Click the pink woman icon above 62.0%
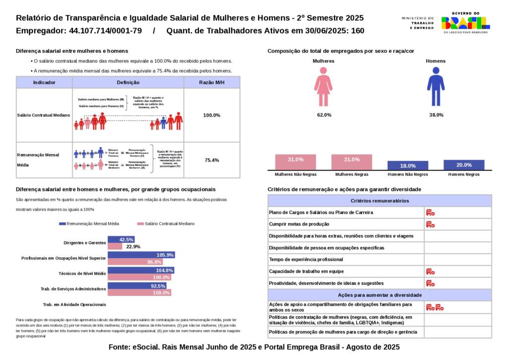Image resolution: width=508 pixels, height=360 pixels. [323, 87]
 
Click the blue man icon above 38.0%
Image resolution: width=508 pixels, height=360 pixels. [436, 87]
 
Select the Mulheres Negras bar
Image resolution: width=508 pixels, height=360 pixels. [352, 162]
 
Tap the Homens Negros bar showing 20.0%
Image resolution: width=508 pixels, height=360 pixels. [464, 165]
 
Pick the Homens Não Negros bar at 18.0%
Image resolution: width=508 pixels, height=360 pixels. [408, 166]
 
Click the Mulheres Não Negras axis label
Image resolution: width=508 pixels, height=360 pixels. [296, 175]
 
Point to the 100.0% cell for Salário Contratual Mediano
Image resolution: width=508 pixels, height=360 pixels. [212, 115]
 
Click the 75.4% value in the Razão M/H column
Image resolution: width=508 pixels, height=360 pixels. [212, 160]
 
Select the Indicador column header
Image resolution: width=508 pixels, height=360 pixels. [44, 82]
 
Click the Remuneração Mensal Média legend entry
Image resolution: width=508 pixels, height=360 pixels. [89, 224]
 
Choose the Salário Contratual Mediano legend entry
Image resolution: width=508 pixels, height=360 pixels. [166, 224]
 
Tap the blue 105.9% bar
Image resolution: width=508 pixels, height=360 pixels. [141, 255]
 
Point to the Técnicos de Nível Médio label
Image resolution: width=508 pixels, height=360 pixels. [82, 274]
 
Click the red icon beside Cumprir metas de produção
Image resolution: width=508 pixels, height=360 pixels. [430, 224]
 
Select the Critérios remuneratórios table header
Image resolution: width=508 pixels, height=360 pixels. [380, 201]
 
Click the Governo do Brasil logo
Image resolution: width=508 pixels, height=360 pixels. [465, 22]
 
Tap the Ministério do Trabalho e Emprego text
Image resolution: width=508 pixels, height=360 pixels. [417, 23]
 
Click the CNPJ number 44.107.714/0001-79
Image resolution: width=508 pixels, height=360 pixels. [105, 31]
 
